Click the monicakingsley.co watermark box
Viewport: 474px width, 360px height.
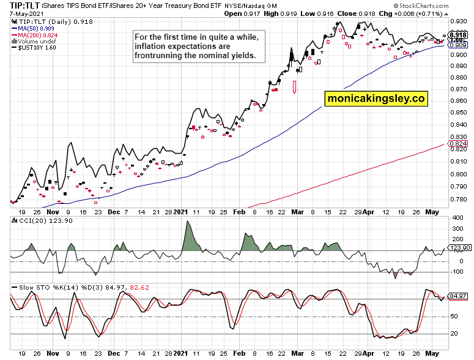tap(375, 97)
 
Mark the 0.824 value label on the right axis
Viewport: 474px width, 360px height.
tap(459, 144)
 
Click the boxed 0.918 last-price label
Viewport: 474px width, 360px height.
tap(459, 36)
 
